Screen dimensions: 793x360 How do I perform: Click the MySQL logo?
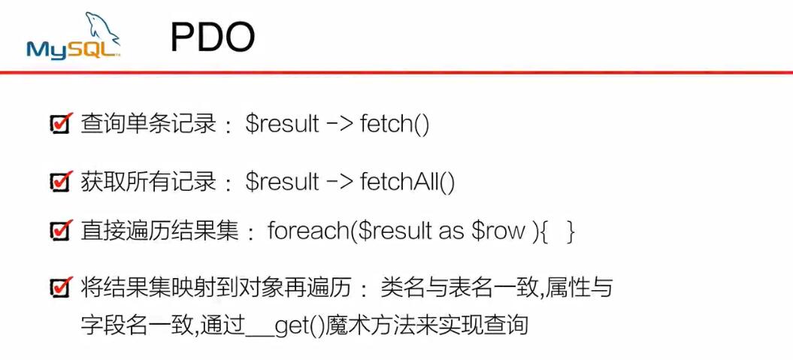74,36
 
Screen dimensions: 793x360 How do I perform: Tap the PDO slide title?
213,38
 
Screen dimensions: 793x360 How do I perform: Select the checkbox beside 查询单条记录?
61,123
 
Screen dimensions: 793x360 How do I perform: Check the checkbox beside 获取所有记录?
61,181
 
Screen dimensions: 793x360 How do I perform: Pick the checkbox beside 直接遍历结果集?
61,231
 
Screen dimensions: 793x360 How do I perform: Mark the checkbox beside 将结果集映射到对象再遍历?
61,287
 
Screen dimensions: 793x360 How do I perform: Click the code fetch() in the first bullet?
395,124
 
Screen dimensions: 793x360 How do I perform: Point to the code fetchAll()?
407,182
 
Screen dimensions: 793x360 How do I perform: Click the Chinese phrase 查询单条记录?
149,124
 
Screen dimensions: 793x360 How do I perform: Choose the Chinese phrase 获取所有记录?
149,182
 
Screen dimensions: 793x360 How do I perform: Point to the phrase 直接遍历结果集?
160,231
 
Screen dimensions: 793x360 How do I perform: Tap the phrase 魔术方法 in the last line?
369,325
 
